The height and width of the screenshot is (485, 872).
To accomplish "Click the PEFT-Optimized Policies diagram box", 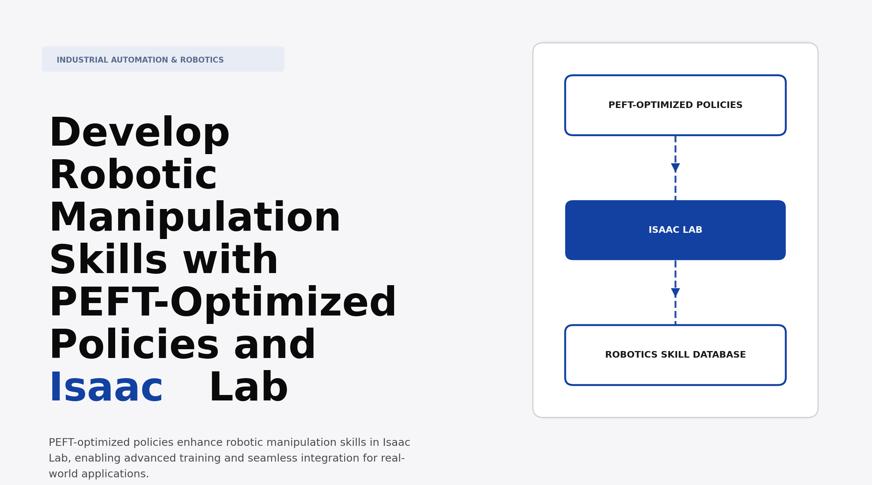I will click(x=675, y=105).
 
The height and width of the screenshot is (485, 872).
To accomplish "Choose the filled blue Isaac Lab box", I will click(x=675, y=230).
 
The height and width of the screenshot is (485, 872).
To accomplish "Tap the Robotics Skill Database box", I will click(x=675, y=355).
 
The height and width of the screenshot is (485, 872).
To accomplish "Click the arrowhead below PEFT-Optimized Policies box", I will click(x=675, y=168).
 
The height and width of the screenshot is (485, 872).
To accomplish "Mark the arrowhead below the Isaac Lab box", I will click(x=675, y=292).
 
